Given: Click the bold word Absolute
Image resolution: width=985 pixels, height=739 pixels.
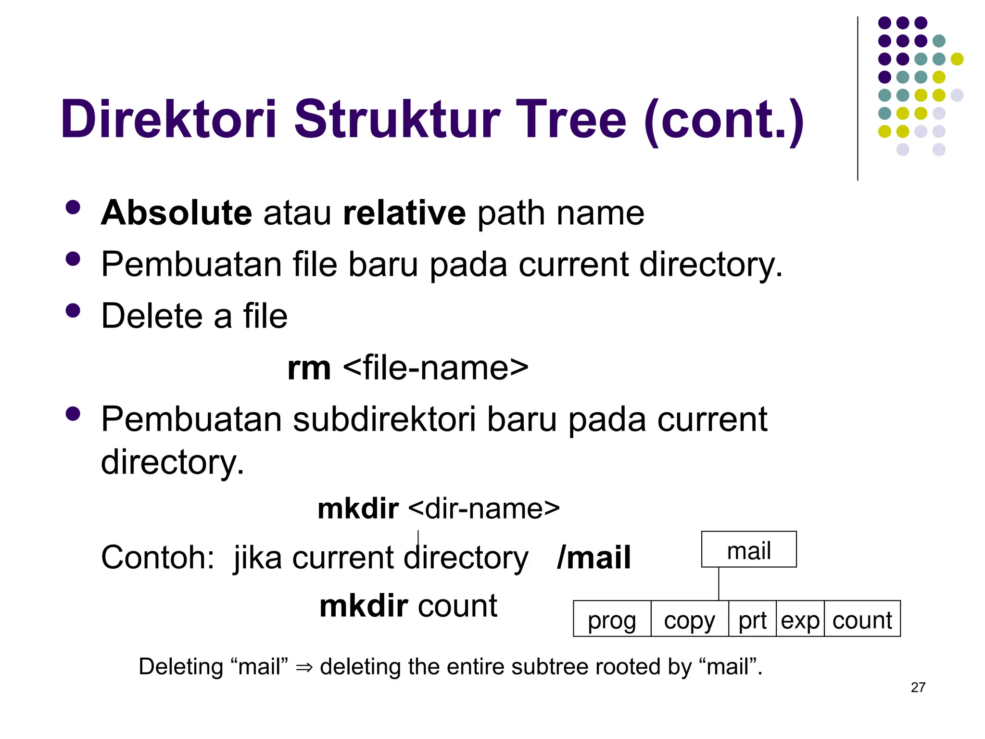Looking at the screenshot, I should click(177, 213).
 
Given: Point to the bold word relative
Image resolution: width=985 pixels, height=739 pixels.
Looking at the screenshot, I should click(404, 213).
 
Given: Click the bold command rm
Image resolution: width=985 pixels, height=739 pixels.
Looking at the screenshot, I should click(309, 368).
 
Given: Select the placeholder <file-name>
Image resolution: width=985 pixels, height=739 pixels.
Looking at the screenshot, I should click(436, 368).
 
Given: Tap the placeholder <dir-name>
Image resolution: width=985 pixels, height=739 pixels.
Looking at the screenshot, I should click(484, 509).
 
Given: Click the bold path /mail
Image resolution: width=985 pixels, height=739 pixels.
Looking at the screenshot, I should click(594, 558).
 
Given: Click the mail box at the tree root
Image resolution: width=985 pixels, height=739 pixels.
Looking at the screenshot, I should click(748, 549).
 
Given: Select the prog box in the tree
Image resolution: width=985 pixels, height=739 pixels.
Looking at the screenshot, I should click(612, 619).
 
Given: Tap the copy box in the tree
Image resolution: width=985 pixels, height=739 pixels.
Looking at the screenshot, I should click(689, 619).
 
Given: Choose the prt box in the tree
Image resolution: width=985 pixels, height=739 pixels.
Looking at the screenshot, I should click(752, 619).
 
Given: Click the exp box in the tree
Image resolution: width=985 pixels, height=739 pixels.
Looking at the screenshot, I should click(800, 619).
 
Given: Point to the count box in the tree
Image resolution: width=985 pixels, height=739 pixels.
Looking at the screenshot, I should click(862, 619).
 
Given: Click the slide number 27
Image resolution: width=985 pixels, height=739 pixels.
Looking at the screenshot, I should click(918, 687).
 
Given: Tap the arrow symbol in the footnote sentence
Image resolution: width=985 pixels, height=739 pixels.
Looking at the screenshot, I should click(304, 667).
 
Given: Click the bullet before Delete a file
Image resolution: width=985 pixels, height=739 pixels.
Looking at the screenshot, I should click(73, 310).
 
